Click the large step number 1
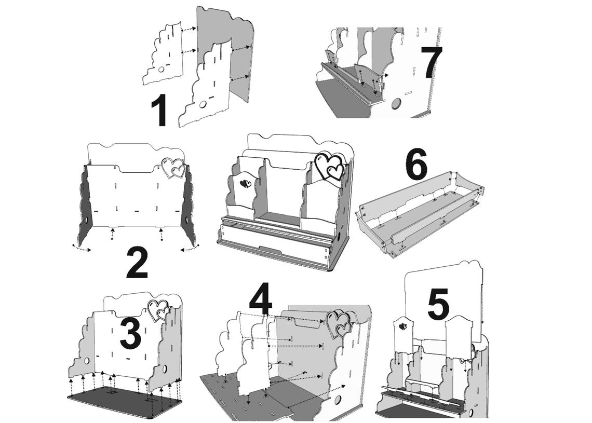(159, 111)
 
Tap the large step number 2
(137, 263)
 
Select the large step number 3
(131, 333)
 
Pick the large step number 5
(438, 305)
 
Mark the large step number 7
(432, 63)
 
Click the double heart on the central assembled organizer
(330, 166)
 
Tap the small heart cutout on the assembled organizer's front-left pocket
(246, 184)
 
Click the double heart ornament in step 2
(173, 168)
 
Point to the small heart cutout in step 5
(403, 326)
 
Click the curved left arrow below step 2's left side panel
(81, 248)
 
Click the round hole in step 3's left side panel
(86, 361)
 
